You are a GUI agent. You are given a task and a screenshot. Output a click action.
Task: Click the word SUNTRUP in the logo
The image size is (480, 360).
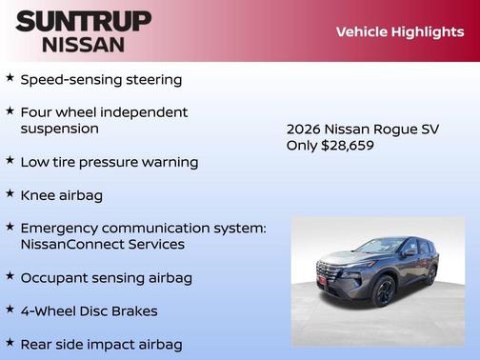pyautogui.click(x=83, y=21)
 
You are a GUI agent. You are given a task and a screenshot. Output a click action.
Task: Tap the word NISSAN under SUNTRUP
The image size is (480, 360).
pyautogui.click(x=83, y=43)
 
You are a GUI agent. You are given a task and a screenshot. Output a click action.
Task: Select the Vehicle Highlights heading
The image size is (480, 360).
pyautogui.click(x=399, y=32)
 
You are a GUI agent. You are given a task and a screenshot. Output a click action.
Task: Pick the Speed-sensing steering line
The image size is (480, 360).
pyautogui.click(x=101, y=79)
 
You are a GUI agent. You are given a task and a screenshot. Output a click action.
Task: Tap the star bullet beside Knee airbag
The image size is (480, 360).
pyautogui.click(x=10, y=193)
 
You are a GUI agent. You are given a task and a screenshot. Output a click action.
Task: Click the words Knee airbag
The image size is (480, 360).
pyautogui.click(x=61, y=194)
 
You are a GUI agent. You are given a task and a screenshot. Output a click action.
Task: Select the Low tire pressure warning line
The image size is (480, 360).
pyautogui.click(x=109, y=161)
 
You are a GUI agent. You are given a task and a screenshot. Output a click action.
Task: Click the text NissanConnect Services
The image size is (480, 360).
pyautogui.click(x=102, y=244)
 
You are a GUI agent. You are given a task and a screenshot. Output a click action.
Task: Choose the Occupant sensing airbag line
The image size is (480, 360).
pyautogui.click(x=106, y=277)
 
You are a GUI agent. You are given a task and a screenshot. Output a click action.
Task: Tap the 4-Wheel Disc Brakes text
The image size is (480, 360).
pyautogui.click(x=89, y=310)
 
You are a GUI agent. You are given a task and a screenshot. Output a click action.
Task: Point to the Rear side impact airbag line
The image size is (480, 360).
pyautogui.click(x=101, y=344)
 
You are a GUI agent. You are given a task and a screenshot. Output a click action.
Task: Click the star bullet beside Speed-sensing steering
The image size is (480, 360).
pyautogui.click(x=10, y=78)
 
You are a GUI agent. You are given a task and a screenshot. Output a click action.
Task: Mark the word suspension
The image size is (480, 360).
pyautogui.click(x=59, y=128)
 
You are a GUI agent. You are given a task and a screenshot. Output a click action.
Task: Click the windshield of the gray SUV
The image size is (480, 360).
pyautogui.click(x=378, y=247)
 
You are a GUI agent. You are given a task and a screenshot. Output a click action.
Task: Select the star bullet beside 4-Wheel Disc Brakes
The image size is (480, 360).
pyautogui.click(x=10, y=310)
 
